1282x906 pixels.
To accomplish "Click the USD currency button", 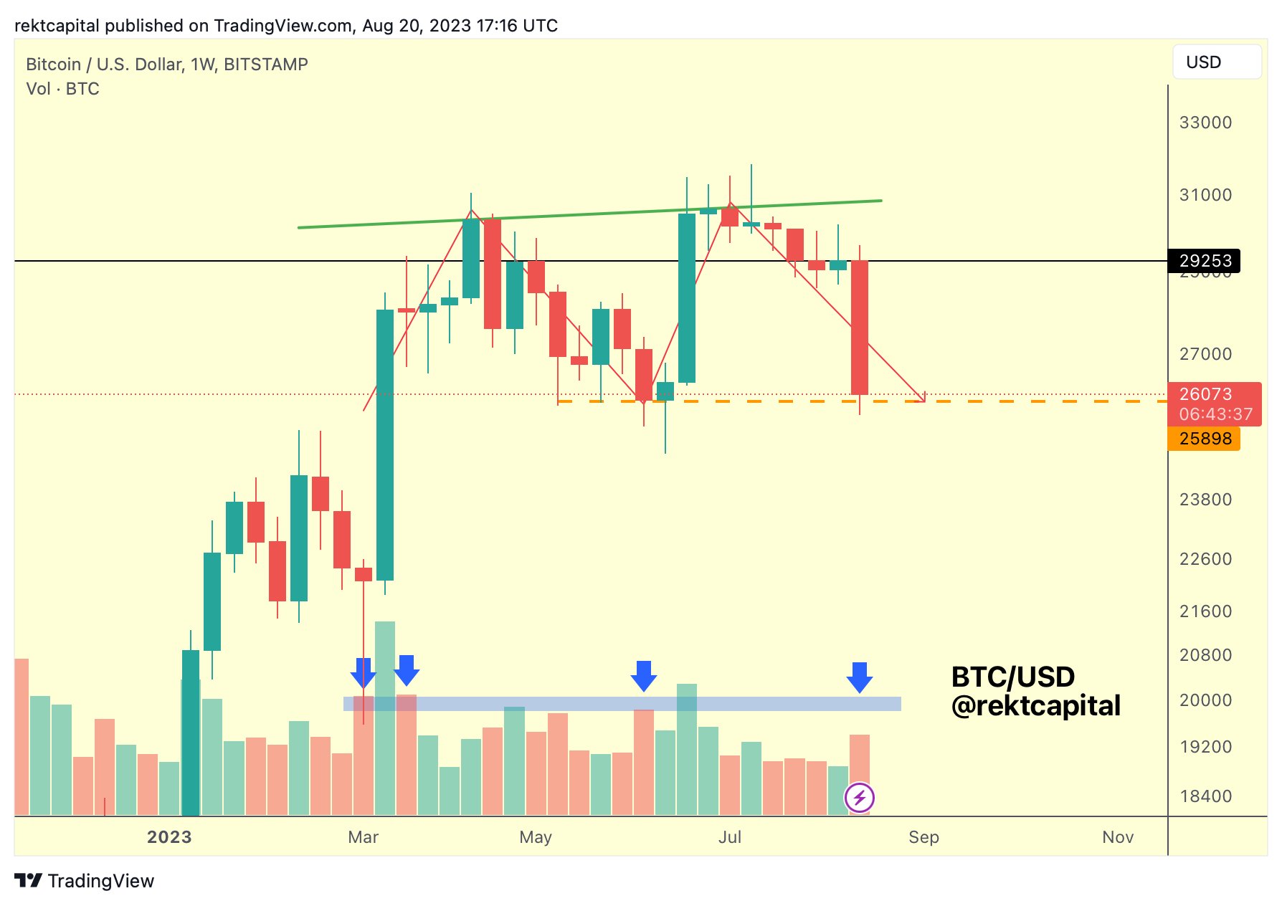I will pos(1216,62).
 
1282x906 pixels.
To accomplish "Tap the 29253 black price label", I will pos(1205,260).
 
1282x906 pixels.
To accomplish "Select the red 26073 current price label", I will pos(1214,403).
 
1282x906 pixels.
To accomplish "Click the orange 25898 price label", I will pos(1205,439).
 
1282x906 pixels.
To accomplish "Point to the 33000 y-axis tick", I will pos(1205,123).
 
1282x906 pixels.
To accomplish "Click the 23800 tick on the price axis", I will pos(1205,500).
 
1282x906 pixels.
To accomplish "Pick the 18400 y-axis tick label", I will pos(1205,796).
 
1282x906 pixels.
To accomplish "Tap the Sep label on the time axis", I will pos(923,837).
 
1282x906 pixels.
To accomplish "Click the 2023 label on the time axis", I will pos(169,837).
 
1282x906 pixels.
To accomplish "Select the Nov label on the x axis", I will pos(1118,837).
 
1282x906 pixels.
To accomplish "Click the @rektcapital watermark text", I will pos(1035,706).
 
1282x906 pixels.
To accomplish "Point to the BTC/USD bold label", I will pos(1012,677).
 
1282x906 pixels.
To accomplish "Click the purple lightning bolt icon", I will pos(859,797).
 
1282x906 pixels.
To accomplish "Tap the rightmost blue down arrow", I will pos(859,677).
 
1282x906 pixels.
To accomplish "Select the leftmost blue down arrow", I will pos(364,672).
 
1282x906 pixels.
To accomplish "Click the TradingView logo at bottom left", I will pos(85,881).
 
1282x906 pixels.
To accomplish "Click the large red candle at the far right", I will pos(859,327).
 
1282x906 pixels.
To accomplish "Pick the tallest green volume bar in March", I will pos(385,717).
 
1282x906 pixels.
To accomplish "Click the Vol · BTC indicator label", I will pos(62,89).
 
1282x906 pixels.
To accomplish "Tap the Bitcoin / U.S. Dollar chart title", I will pos(167,65).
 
